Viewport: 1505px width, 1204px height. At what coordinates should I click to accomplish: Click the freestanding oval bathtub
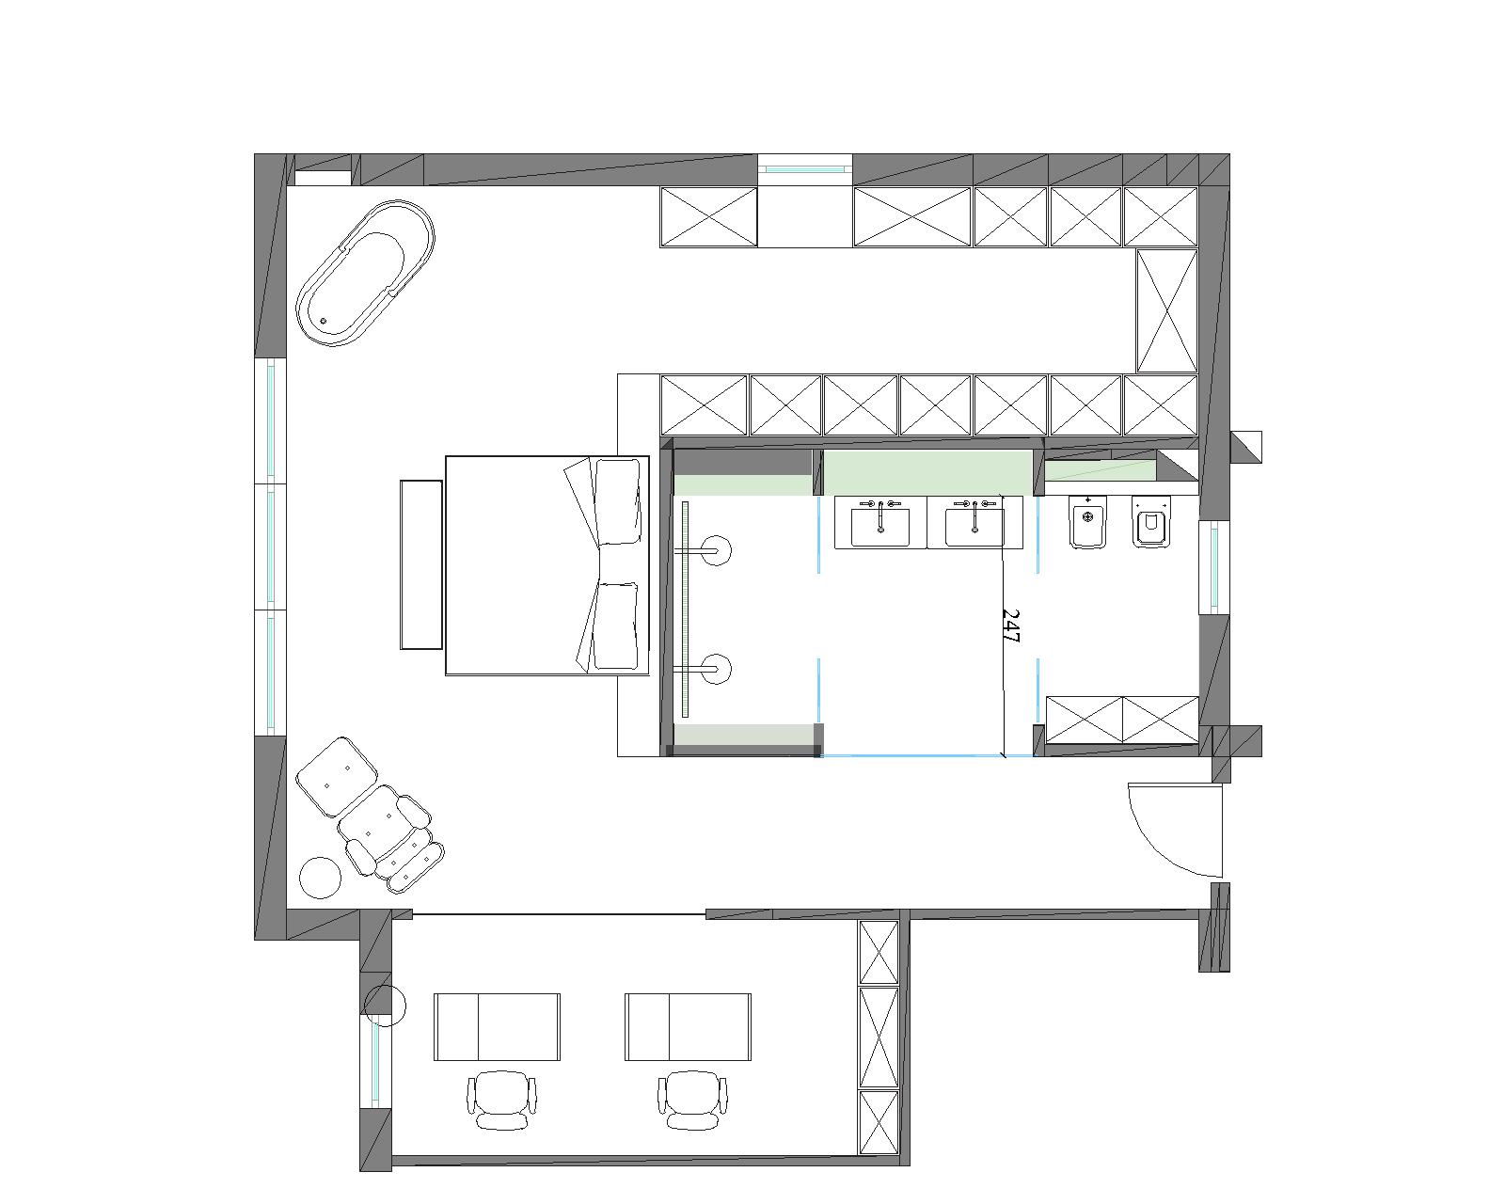pyautogui.click(x=365, y=274)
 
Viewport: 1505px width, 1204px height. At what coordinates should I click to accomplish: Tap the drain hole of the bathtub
pyautogui.click(x=323, y=321)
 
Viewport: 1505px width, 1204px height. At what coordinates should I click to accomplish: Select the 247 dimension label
pyautogui.click(x=1011, y=626)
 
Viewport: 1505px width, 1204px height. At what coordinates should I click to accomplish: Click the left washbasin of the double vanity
pyautogui.click(x=879, y=523)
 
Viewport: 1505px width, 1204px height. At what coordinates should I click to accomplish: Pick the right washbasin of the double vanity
pyautogui.click(x=974, y=523)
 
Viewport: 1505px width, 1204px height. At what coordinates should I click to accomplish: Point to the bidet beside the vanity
pyautogui.click(x=1087, y=522)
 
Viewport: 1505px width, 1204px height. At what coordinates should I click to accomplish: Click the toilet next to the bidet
pyautogui.click(x=1151, y=522)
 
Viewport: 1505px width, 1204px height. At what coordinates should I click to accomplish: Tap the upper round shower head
pyautogui.click(x=717, y=550)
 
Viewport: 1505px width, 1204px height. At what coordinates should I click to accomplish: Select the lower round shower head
pyautogui.click(x=717, y=669)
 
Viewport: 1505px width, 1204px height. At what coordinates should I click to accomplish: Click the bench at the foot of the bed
pyautogui.click(x=421, y=564)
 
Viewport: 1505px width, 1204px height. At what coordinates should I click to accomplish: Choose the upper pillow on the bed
pyautogui.click(x=617, y=501)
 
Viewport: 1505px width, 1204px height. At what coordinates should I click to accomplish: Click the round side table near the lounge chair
pyautogui.click(x=321, y=878)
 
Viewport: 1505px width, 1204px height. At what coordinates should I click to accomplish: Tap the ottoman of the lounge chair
pyautogui.click(x=337, y=777)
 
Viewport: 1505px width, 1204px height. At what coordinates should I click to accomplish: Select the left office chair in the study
pyautogui.click(x=501, y=1100)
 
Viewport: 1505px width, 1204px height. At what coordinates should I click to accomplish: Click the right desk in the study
pyautogui.click(x=689, y=1027)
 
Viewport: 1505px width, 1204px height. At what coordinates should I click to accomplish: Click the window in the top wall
pyautogui.click(x=806, y=169)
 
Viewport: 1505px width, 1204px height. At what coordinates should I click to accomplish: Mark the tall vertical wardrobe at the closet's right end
pyautogui.click(x=1166, y=310)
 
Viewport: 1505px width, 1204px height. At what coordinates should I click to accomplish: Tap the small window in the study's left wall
pyautogui.click(x=375, y=1062)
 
